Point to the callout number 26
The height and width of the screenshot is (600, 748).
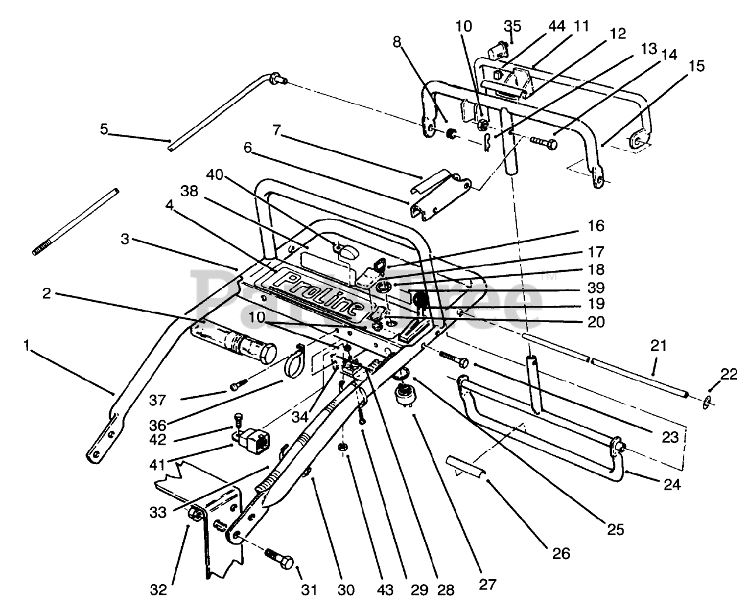pyautogui.click(x=562, y=552)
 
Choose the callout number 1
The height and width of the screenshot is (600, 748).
pyautogui.click(x=26, y=346)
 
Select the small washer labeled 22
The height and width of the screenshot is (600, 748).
pyautogui.click(x=707, y=401)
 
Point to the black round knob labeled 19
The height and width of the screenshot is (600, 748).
pyautogui.click(x=421, y=300)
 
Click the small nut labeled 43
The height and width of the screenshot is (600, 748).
pyautogui.click(x=345, y=447)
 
